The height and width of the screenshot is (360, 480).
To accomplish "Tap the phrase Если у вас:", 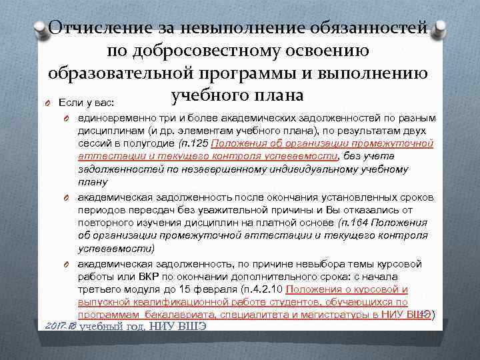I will (x=87, y=103).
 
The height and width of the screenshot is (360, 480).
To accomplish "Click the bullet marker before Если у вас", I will (x=49, y=103).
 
